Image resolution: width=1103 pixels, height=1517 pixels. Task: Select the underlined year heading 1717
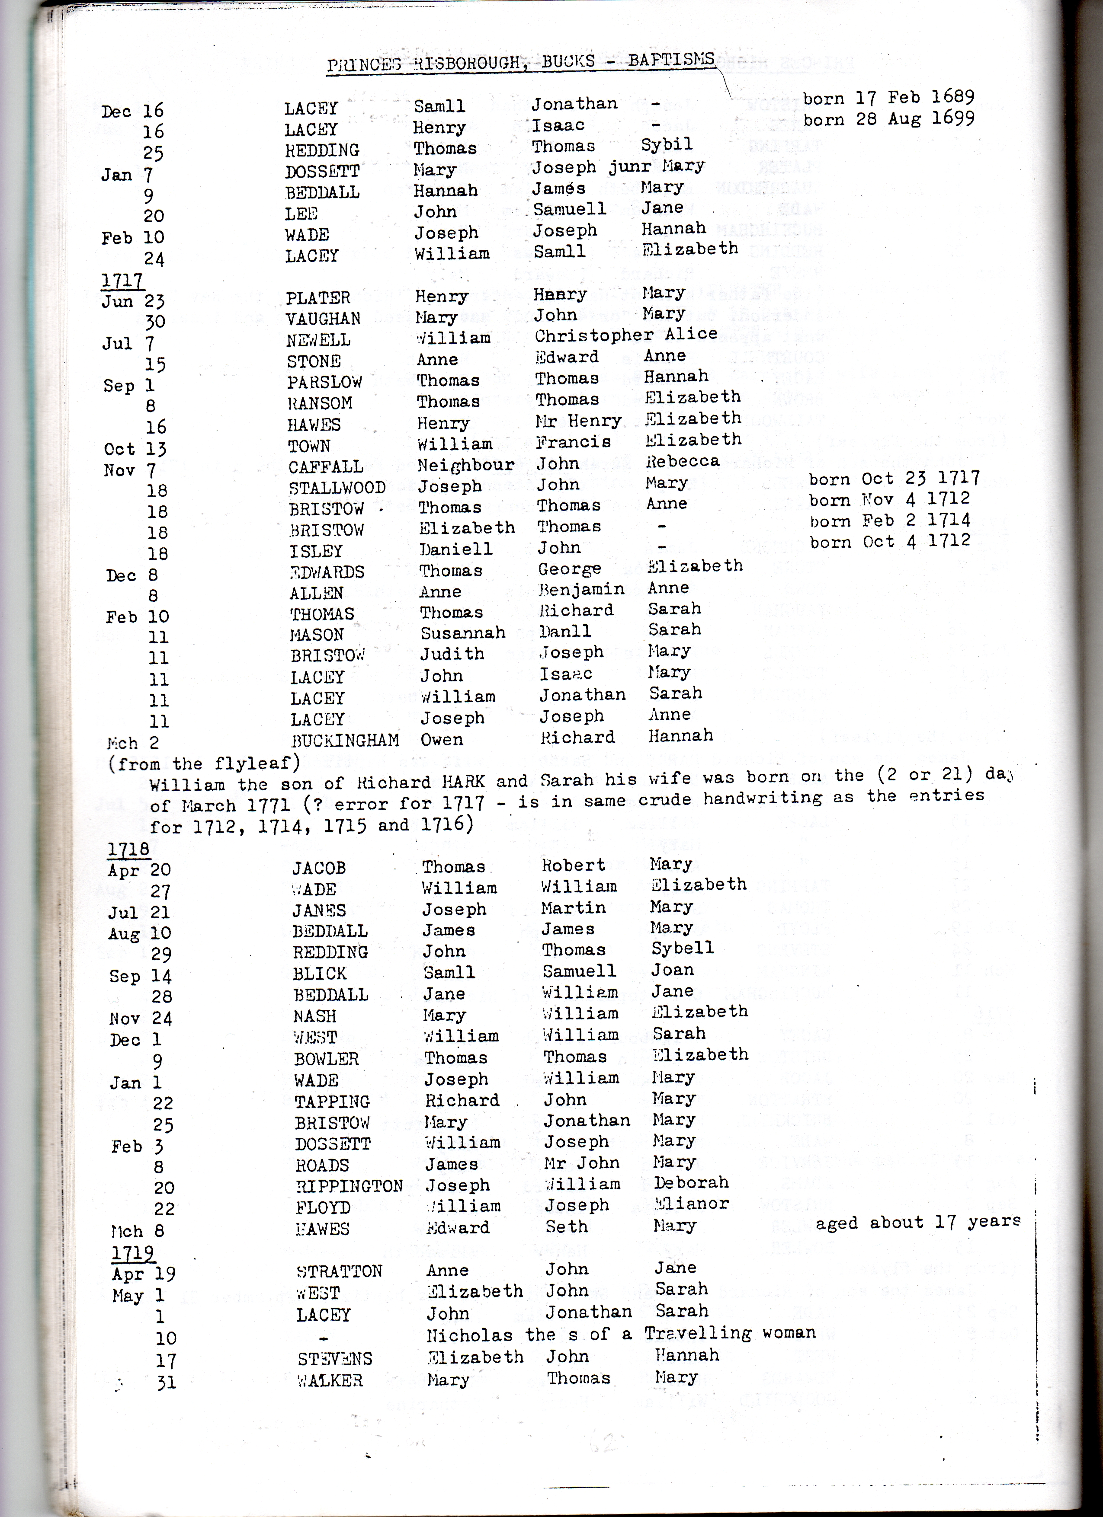(122, 280)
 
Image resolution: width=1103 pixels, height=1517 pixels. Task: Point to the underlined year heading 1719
(132, 1252)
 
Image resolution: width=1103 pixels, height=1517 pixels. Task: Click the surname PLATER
(318, 297)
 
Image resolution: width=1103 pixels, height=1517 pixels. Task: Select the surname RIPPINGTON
(349, 1186)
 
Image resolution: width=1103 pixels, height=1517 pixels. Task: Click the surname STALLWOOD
(337, 488)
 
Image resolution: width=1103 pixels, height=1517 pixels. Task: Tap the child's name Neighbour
(466, 465)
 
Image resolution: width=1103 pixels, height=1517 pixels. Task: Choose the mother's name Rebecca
(682, 461)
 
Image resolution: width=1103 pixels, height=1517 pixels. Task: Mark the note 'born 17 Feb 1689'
(888, 98)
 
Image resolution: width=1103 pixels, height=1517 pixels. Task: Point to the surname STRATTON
(339, 1271)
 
